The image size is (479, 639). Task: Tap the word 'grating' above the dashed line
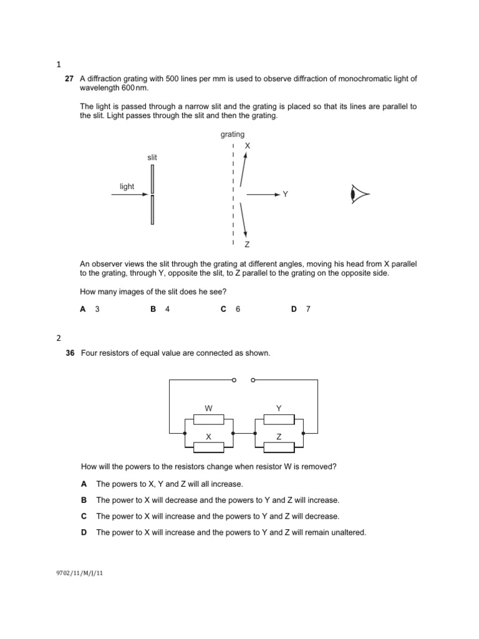[232, 134]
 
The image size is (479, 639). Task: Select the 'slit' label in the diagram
[152, 158]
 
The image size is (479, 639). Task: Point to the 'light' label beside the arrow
[127, 186]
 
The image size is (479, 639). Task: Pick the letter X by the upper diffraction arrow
[247, 145]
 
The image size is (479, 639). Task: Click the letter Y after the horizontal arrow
[285, 195]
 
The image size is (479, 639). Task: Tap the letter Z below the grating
[247, 245]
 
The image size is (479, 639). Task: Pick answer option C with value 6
[230, 309]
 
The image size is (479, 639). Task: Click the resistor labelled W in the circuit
[209, 418]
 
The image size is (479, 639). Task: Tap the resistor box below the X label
[209, 447]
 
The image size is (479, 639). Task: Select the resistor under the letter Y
[279, 418]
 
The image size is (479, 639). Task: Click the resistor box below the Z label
[279, 447]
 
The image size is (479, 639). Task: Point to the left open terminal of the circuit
[233, 379]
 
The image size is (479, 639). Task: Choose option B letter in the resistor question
[84, 500]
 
